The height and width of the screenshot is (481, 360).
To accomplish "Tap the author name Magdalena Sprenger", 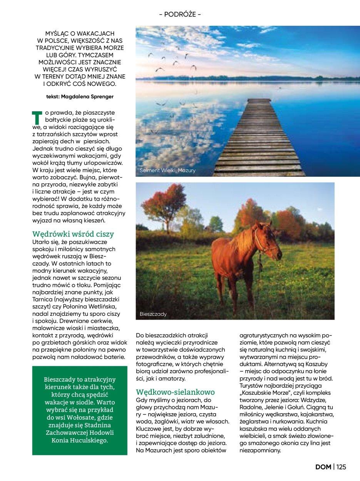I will (91, 97).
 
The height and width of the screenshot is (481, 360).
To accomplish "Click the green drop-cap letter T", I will (36, 119).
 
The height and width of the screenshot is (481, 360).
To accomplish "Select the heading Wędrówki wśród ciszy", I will (73, 234).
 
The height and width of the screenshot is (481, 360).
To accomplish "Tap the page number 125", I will (341, 467).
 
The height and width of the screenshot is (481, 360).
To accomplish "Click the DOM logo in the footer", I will (323, 467).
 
